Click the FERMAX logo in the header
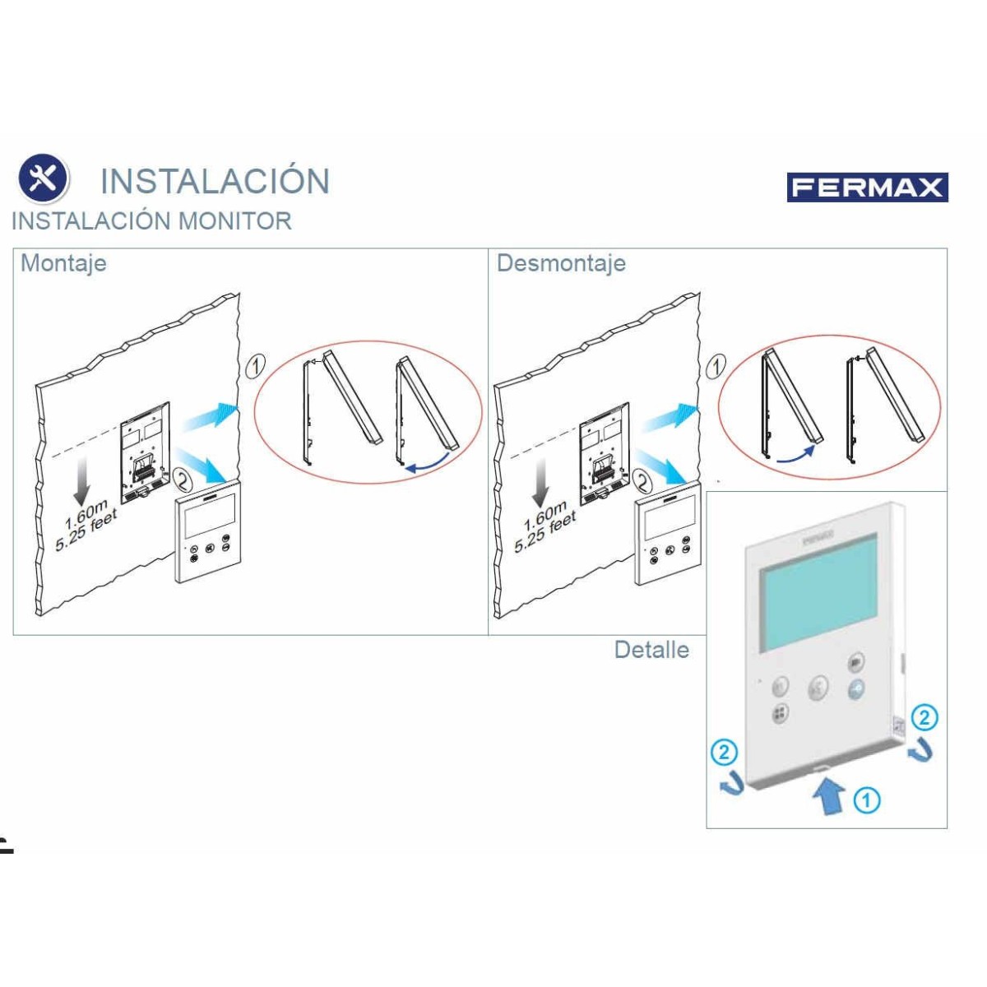click(867, 188)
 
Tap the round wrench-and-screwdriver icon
click(43, 178)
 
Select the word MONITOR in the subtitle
click(234, 221)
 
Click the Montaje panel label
click(63, 264)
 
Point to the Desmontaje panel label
click(561, 263)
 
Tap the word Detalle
click(651, 650)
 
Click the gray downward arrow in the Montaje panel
click(82, 480)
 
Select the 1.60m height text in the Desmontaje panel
click(544, 514)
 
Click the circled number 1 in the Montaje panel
click(255, 366)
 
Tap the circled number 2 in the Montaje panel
click(183, 480)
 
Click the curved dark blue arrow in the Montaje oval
click(427, 462)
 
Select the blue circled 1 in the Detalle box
click(867, 800)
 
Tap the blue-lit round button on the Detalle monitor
click(855, 689)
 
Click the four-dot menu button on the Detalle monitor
click(781, 713)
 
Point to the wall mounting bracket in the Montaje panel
click(146, 452)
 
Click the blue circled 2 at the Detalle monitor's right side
click(924, 717)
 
